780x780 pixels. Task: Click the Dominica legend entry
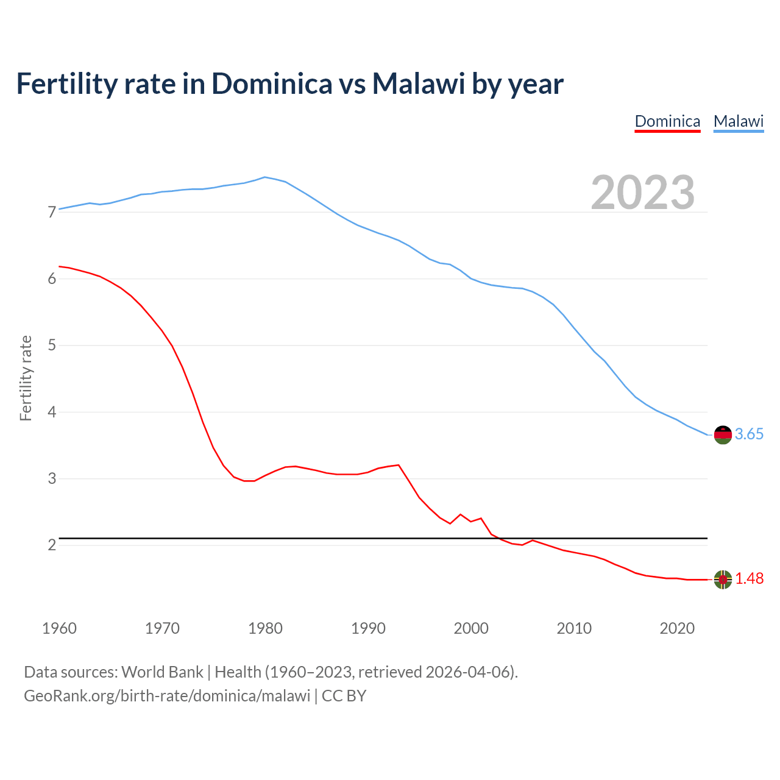point(667,121)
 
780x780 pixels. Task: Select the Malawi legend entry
point(739,121)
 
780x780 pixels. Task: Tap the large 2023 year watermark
point(642,193)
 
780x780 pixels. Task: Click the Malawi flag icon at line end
point(723,434)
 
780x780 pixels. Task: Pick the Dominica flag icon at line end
point(723,579)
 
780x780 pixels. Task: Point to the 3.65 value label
point(749,434)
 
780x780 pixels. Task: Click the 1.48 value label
point(749,579)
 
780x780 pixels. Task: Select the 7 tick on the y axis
point(52,213)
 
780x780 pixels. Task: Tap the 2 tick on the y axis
point(52,545)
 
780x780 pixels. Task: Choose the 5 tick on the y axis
point(52,346)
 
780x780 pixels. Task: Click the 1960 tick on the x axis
point(59,628)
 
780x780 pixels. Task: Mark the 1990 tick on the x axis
point(368,628)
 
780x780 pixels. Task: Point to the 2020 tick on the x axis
point(677,628)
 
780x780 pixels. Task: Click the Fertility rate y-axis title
point(26,378)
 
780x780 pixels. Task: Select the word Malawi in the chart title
point(419,84)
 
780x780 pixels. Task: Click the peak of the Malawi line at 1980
point(264,177)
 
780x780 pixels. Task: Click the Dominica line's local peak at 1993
point(399,465)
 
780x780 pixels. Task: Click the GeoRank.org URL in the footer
point(167,696)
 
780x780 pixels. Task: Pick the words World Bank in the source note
point(162,672)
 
